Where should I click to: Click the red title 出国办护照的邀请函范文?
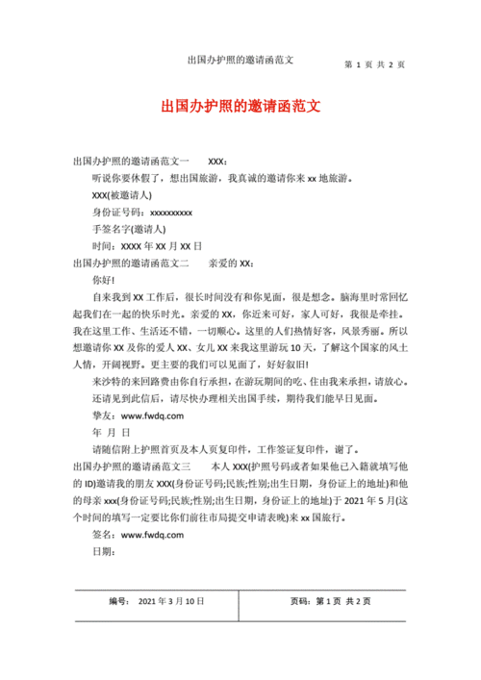240,107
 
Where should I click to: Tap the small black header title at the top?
240,61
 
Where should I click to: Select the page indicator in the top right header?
374,64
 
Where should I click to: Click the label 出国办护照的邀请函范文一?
131,161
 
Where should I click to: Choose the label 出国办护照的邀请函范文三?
131,466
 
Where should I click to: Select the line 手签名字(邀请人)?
129,230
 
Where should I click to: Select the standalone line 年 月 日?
112,433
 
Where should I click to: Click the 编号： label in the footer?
119,601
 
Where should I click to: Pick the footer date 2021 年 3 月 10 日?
172,601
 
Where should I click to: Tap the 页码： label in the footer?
300,601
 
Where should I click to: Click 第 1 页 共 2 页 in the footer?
344,601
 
